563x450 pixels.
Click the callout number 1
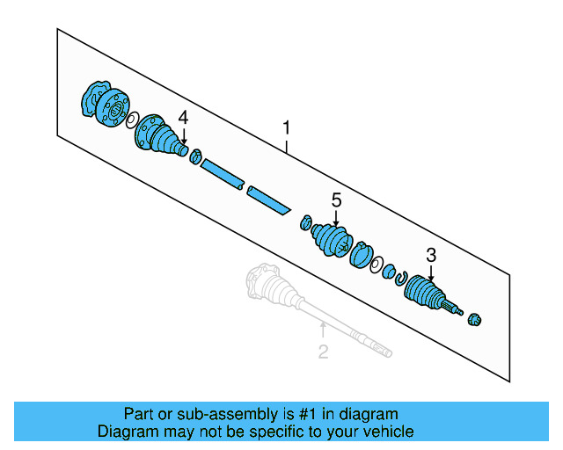click(286, 129)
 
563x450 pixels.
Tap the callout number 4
click(183, 117)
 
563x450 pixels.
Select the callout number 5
click(336, 201)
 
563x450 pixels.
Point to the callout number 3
click(431, 256)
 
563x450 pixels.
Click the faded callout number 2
click(323, 352)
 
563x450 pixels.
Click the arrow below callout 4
click(184, 135)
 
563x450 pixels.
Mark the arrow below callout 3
click(431, 273)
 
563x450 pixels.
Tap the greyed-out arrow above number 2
click(323, 332)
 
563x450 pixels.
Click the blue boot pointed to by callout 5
click(333, 240)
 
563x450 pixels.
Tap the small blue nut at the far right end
click(477, 318)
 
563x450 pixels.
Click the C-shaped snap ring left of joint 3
click(400, 279)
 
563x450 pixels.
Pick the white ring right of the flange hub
click(131, 120)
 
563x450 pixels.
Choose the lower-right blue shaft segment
click(268, 200)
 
